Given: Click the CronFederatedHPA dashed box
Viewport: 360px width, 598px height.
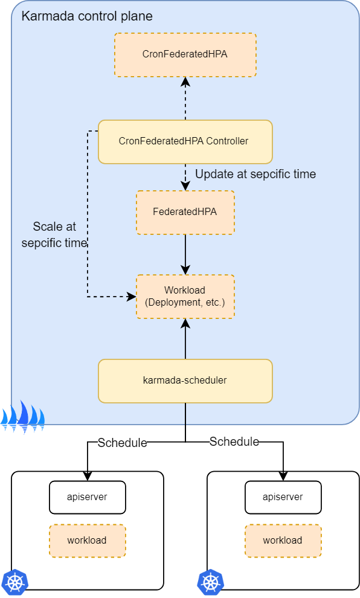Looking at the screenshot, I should click(x=185, y=54).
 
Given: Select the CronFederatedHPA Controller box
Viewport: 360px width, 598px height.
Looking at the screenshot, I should click(x=185, y=141).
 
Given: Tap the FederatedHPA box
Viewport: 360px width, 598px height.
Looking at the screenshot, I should click(x=185, y=212).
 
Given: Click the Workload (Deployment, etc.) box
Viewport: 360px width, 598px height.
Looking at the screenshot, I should click(x=185, y=296).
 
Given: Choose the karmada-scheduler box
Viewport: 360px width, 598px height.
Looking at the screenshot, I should click(x=185, y=381).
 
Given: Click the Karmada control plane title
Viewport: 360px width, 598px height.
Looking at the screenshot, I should click(x=87, y=16).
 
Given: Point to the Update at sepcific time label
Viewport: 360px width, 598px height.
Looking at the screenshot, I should click(x=255, y=174).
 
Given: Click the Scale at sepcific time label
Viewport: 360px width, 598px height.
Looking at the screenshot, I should click(x=54, y=235).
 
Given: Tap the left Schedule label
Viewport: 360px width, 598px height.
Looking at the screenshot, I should click(x=122, y=443).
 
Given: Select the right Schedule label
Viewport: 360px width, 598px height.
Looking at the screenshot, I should click(x=234, y=442).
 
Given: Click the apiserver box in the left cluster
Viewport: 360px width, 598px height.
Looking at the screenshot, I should click(x=87, y=497).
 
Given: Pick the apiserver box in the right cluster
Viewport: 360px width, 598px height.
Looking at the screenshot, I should click(x=283, y=497).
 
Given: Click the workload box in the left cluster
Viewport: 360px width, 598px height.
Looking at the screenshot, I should click(x=87, y=540).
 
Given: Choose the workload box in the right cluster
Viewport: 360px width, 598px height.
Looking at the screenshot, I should click(x=283, y=540).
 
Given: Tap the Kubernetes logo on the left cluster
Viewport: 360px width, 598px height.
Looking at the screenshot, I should click(x=14, y=582).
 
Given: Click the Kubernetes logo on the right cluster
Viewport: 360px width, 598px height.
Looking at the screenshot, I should click(x=210, y=582).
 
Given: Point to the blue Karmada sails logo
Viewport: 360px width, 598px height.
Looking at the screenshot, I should click(x=22, y=417).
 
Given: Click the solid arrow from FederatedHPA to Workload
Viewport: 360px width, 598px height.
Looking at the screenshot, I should click(x=185, y=254).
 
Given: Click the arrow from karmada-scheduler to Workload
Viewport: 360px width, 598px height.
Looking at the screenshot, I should click(x=185, y=339).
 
